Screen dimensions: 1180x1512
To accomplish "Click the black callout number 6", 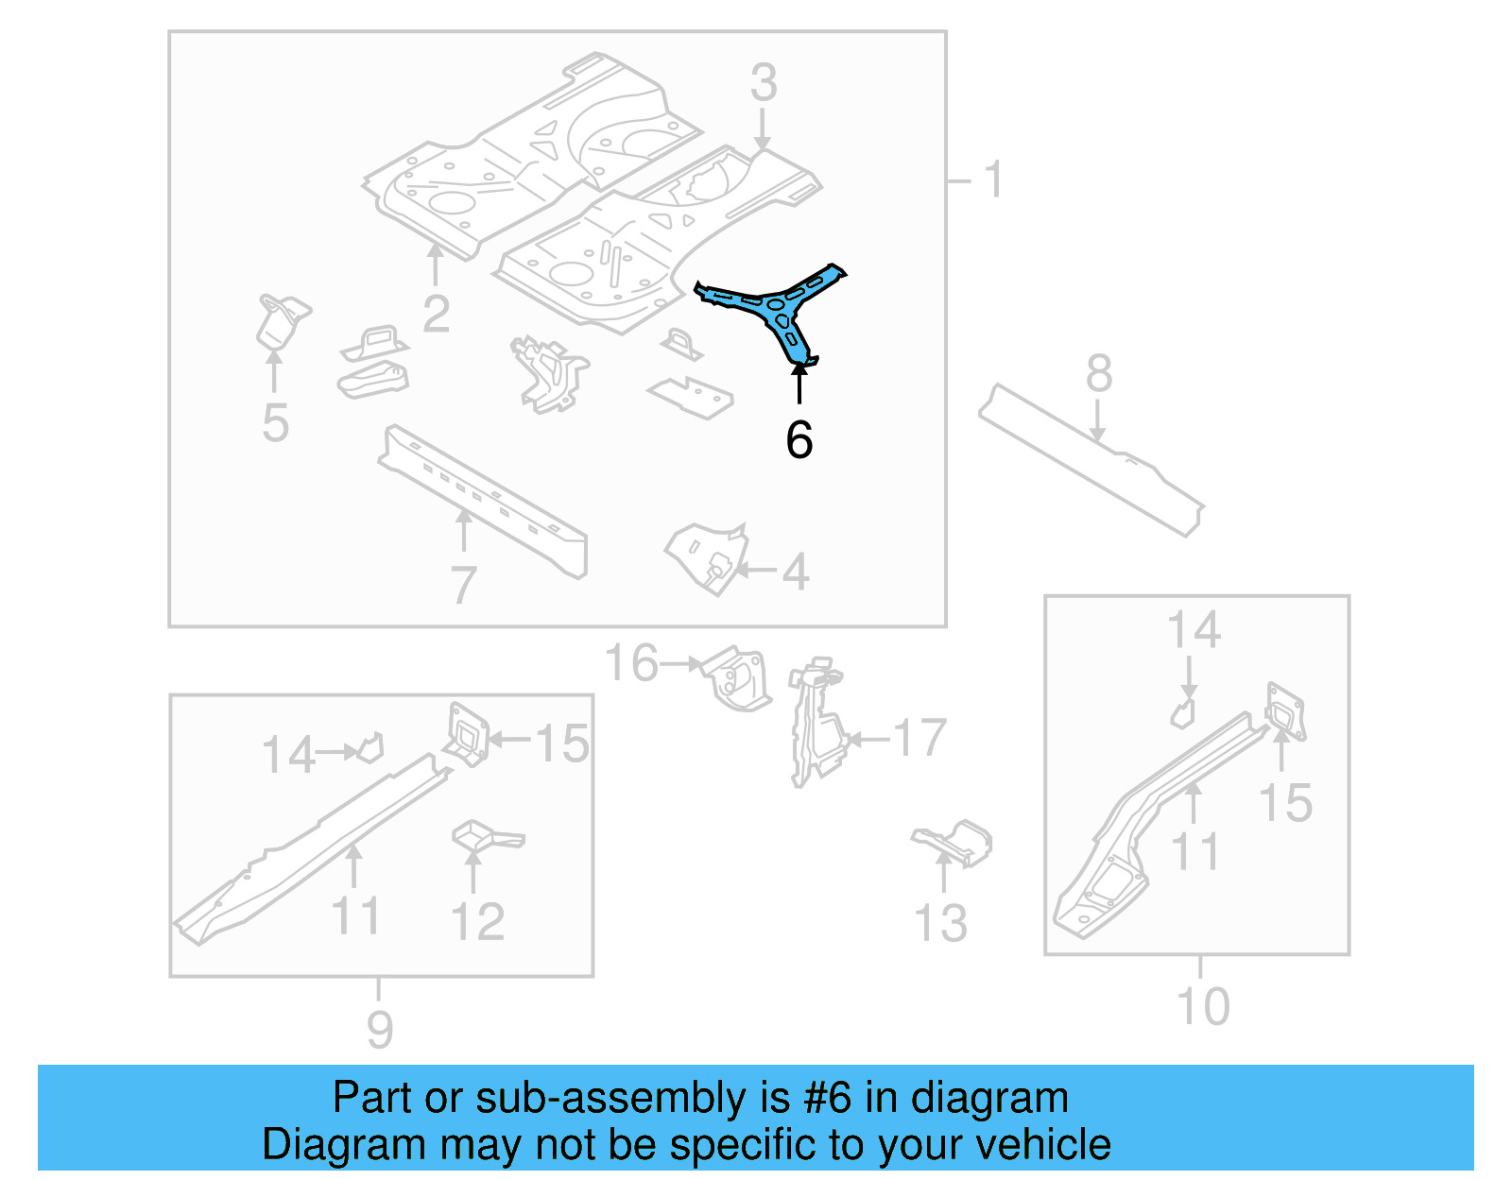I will [x=799, y=440].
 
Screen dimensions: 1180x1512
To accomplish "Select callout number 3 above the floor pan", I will [x=764, y=83].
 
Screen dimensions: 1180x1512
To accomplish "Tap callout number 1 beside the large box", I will [x=993, y=180].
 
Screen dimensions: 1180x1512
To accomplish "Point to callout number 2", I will [x=436, y=314].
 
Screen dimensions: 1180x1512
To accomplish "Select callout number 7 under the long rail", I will [x=463, y=586].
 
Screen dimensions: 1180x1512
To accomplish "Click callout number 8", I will [x=1098, y=374].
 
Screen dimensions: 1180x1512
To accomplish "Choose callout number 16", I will [x=631, y=663].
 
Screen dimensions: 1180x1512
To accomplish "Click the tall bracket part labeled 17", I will [x=815, y=723].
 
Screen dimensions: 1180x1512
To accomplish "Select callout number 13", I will [x=941, y=923].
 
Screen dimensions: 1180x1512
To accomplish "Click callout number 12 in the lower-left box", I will [x=478, y=921].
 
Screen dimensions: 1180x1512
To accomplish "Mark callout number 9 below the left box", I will [x=379, y=1029].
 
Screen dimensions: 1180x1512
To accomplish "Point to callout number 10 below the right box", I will [x=1203, y=1007].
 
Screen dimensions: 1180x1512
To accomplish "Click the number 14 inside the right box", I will [x=1194, y=630].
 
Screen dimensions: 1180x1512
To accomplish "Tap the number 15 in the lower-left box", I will [x=561, y=744].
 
